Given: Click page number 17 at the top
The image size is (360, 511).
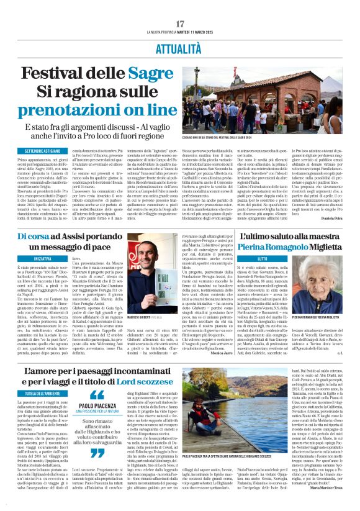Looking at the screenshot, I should (x=180, y=24).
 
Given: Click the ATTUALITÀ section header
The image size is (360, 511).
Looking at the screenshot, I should (x=180, y=47).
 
